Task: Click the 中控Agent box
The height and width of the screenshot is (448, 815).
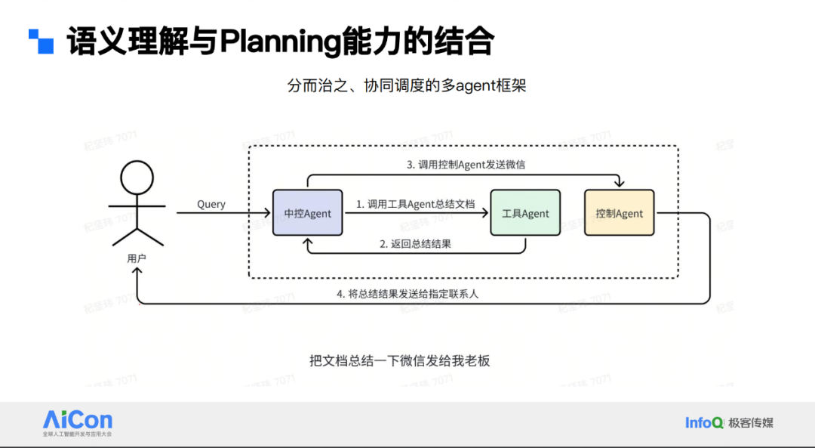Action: pos(307,213)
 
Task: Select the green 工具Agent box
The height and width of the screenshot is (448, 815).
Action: pos(525,213)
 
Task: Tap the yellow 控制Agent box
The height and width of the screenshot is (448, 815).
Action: pos(619,213)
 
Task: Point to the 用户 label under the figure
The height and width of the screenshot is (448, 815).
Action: pos(137,258)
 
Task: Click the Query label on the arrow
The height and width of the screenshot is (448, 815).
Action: pos(211,204)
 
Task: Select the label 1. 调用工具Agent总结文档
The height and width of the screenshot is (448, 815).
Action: pos(416,204)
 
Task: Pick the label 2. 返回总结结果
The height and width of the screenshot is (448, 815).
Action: pos(415,244)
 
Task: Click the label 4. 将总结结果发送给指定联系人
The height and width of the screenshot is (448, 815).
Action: pos(407,294)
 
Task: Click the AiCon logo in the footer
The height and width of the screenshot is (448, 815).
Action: pos(77,421)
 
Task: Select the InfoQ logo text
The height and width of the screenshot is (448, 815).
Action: pos(704,423)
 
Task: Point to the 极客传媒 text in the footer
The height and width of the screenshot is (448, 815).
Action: pos(751,423)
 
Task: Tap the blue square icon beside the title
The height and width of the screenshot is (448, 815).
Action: pos(42,41)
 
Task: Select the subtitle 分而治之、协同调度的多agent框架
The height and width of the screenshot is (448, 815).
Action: pos(407,85)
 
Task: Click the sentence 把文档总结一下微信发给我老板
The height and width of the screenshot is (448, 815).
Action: pos(400,360)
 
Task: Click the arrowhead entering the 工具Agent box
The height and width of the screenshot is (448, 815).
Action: pos(486,214)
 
